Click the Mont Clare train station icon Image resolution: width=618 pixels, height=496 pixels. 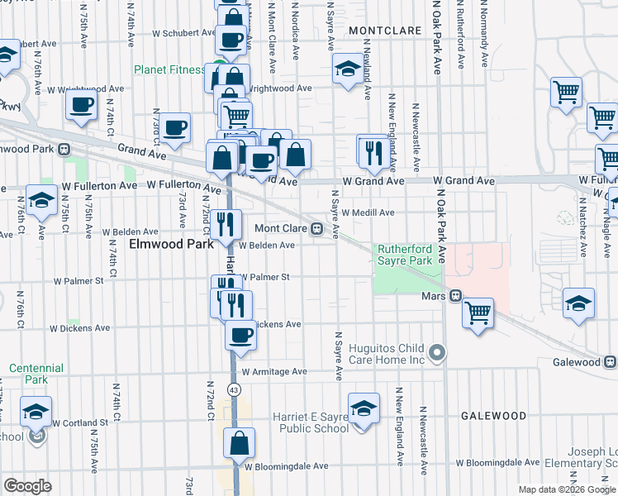(316, 228)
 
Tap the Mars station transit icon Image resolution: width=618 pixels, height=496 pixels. (455, 296)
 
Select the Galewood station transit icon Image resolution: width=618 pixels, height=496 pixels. (611, 362)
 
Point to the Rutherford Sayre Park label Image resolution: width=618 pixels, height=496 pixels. (406, 254)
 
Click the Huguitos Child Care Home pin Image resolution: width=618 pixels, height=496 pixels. (438, 354)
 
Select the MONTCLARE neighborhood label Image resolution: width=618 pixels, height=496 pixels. (381, 30)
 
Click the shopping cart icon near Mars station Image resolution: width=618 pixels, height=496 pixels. (478, 313)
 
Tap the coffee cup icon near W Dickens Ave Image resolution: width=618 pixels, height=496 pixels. (240, 335)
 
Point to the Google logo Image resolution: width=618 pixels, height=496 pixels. (27, 486)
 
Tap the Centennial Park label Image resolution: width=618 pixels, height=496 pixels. (36, 374)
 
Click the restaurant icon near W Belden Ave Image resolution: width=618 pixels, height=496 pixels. (225, 223)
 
